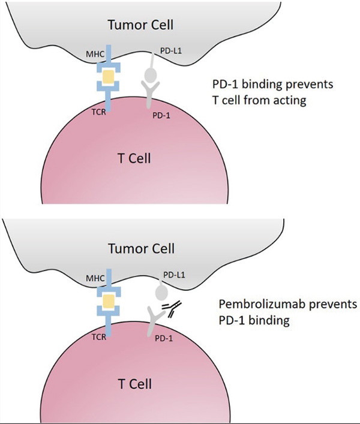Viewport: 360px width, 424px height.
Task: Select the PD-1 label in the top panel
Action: (160, 115)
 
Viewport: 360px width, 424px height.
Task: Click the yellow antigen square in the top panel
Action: (109, 77)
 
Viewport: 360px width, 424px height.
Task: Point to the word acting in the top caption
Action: (290, 100)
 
